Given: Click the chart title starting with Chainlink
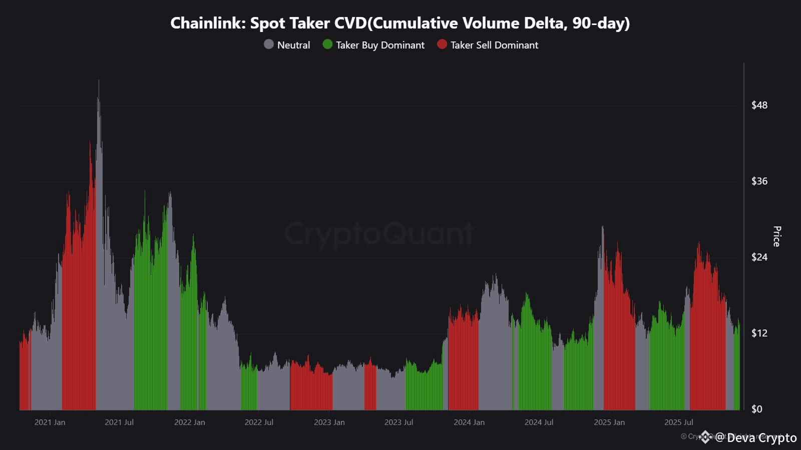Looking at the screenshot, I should coord(400,23).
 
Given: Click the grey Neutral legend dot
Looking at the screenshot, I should coord(269,44).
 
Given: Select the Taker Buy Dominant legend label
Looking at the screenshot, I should coord(380,45).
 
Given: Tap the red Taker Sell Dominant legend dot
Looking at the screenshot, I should coord(442,44).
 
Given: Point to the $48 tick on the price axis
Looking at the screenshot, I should coord(759,105).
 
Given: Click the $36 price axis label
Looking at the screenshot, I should coord(759,181).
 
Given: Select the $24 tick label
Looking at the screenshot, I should coord(759,257).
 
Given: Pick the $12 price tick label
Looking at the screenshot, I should coord(759,333).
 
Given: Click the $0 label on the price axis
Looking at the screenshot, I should coord(756,409).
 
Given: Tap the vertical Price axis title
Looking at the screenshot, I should coord(776,236).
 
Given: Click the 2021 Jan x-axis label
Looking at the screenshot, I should coord(50,422).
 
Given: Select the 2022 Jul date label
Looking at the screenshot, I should coord(259,422).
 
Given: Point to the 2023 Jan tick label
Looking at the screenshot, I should coord(329,422).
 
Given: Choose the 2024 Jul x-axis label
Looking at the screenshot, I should coord(539,422).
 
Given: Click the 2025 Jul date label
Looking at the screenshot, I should coord(678,422).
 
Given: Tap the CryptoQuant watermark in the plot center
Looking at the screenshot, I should coord(379,233).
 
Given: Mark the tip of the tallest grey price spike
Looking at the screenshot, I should coord(99,81).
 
